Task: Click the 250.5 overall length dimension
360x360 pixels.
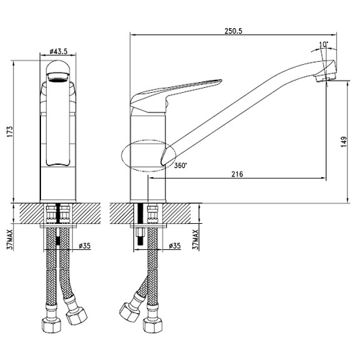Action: (233, 31)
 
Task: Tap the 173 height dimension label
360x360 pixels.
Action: (10, 131)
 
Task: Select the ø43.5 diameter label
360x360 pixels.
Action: (58, 51)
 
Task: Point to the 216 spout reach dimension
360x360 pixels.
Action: (237, 174)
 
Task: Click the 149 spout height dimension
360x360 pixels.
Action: (343, 142)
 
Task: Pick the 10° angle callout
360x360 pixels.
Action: (324, 45)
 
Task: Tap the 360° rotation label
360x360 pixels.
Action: (180, 166)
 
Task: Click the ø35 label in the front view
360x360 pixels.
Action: (85, 246)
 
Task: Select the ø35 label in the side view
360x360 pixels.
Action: (174, 246)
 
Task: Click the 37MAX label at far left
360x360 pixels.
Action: (10, 240)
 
